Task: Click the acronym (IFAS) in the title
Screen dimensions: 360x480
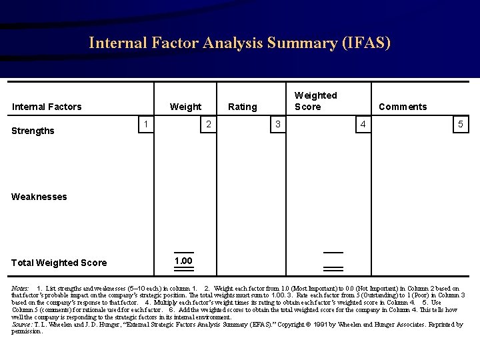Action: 366,43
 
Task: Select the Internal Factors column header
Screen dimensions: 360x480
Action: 47,107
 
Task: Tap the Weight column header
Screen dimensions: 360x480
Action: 185,107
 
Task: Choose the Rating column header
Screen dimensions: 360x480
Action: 243,107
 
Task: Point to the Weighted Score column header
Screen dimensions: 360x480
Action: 315,101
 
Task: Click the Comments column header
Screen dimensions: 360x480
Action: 403,107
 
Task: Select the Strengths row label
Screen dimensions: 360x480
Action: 33,131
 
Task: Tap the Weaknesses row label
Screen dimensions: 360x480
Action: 39,197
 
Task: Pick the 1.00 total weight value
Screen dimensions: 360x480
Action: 183,261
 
